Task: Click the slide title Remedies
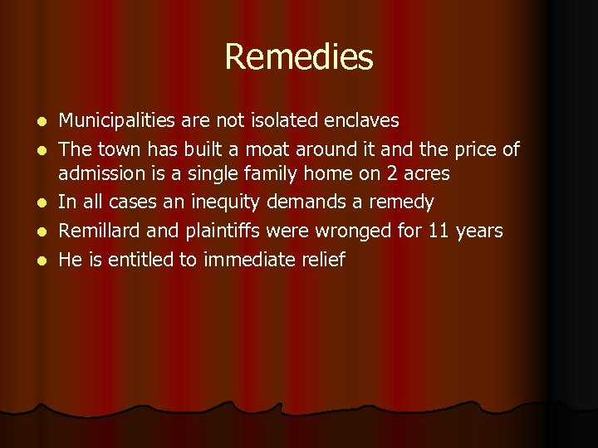[x=299, y=57]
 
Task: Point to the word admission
[x=99, y=174]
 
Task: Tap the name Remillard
[x=100, y=231]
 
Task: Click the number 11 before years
[x=439, y=231]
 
